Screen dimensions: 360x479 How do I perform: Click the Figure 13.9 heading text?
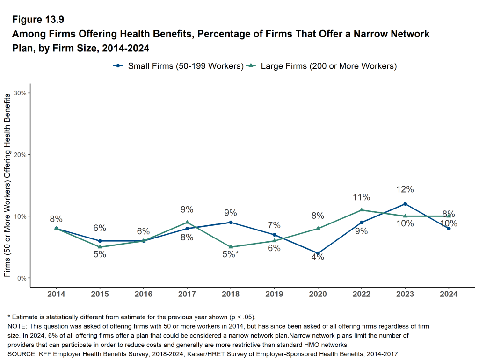pyautogui.click(x=38, y=20)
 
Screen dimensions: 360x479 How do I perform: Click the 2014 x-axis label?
pyautogui.click(x=56, y=294)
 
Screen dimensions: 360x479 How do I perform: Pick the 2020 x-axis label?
pyautogui.click(x=318, y=294)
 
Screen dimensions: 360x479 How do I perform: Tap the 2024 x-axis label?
pyautogui.click(x=449, y=294)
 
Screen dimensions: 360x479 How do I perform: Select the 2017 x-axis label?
pyautogui.click(x=187, y=294)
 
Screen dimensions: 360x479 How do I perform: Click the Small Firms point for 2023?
pyautogui.click(x=405, y=204)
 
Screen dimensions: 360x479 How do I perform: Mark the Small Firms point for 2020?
pyautogui.click(x=318, y=253)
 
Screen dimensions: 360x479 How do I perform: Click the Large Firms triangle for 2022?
pyautogui.click(x=362, y=210)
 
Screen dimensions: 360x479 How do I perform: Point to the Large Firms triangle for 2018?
pyautogui.click(x=231, y=247)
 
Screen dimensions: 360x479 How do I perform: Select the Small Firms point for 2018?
pyautogui.click(x=231, y=223)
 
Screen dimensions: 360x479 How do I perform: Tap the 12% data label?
pyautogui.click(x=405, y=189)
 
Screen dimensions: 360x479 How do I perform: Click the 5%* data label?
pyautogui.click(x=231, y=255)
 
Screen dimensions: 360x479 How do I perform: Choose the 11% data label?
pyautogui.click(x=362, y=197)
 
